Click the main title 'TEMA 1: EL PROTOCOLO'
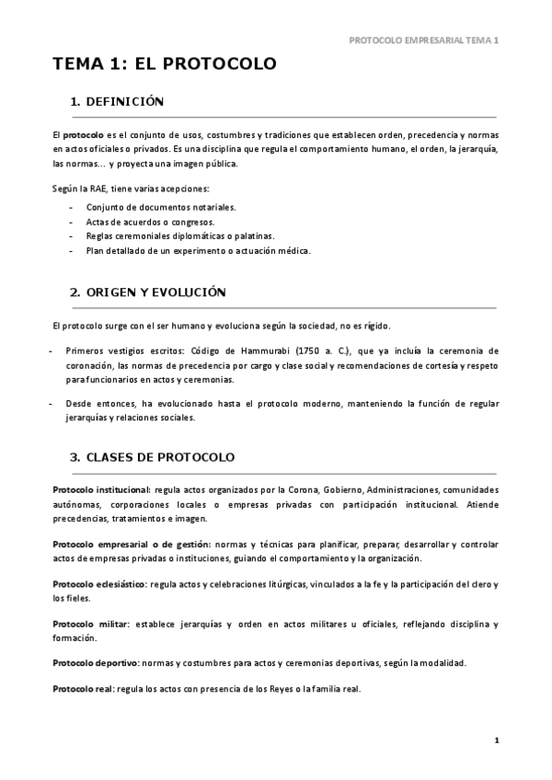pos(164,64)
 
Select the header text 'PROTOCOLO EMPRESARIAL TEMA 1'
pos(424,40)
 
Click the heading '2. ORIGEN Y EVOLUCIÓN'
pos(147,292)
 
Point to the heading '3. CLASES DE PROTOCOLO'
pos(152,456)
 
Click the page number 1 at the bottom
pos(497,740)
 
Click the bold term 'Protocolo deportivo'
pos(95,662)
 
